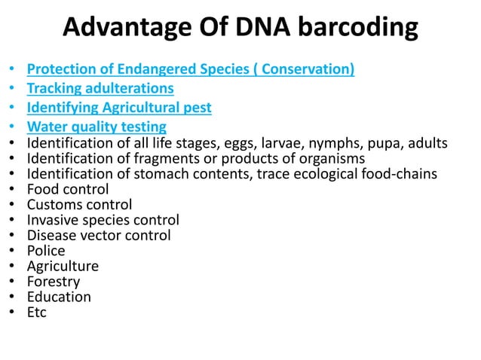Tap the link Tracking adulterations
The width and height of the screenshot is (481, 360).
pos(100,89)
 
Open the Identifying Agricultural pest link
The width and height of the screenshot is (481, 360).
pos(119,108)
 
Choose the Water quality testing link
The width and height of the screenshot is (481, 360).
pos(97,127)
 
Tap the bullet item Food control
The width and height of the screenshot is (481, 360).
pos(68,190)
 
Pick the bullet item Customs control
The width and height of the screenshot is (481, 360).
pos(79,205)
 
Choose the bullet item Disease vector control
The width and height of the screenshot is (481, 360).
pos(99,236)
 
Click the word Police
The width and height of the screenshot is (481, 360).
pos(46,251)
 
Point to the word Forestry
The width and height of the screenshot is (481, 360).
pos(54,282)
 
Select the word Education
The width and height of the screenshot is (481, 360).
pos(59,297)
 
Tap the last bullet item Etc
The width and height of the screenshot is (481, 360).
pos(37,312)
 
